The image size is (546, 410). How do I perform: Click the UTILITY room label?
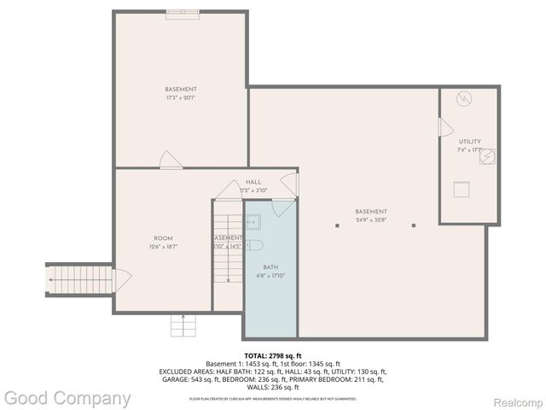[x=469, y=142]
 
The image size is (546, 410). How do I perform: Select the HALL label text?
[x=253, y=182]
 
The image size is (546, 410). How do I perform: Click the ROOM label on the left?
[x=163, y=237]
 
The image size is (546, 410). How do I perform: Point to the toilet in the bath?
[x=254, y=247]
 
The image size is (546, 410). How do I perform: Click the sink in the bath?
[x=253, y=222]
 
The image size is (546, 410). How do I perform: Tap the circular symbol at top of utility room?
[x=464, y=99]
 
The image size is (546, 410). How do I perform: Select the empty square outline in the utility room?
[x=462, y=189]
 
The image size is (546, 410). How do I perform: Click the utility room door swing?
[x=445, y=127]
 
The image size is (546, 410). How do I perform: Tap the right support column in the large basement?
[x=413, y=225]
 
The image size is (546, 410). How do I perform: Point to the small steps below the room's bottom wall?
[x=181, y=325]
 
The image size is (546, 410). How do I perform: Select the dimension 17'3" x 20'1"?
[x=181, y=97]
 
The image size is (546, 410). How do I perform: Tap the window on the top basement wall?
[x=181, y=12]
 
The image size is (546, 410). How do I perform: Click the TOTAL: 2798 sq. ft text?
[x=273, y=355]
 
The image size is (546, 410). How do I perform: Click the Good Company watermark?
[x=67, y=398]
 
